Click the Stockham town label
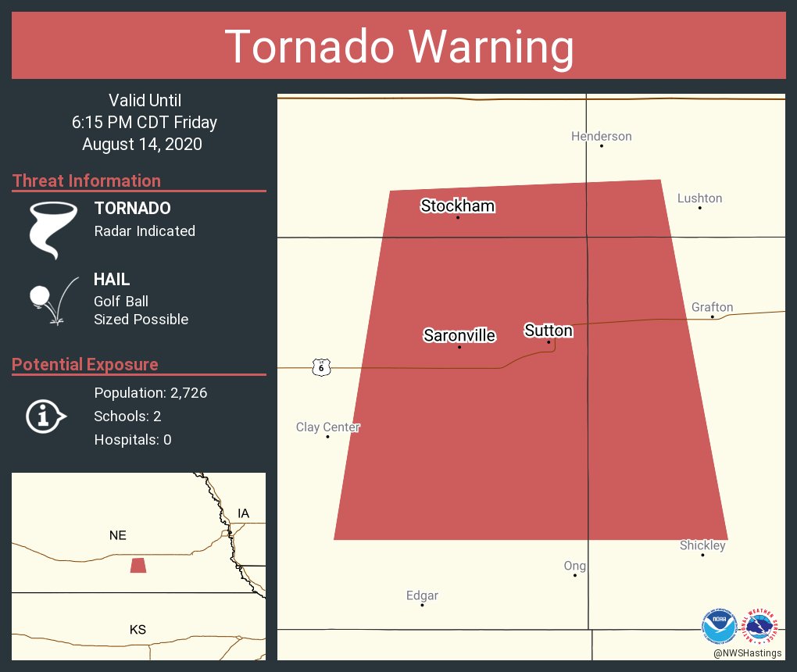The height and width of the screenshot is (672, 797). pos(458,206)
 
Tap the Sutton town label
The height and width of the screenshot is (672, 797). pos(549,331)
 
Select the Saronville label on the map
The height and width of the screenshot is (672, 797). pos(459,335)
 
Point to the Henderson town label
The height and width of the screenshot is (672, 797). pos(601,136)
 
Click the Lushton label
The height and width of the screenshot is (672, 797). pos(699,198)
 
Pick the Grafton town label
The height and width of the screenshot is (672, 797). pos(712,307)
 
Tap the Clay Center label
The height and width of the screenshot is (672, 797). pos(328,427)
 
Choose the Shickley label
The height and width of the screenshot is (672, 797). pos(702,545)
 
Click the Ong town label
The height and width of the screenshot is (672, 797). pos(575,566)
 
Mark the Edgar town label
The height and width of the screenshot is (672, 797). pos(422,595)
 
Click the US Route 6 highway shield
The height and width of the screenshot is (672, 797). pos(321,366)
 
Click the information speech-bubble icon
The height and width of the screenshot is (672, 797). pos(45,416)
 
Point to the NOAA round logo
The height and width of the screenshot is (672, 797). pos(719,626)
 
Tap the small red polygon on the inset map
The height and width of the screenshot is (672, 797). pos(138,565)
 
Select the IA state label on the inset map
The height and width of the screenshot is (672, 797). pos(244,513)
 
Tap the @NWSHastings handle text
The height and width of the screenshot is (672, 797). pos(747,653)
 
